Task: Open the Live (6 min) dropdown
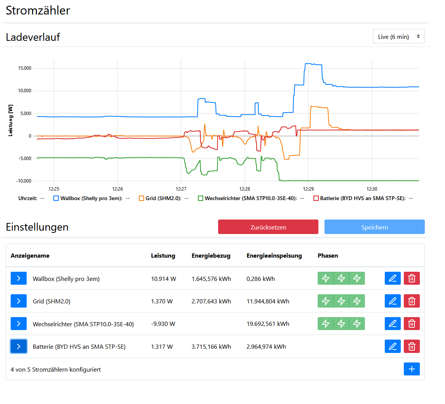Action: click(398, 36)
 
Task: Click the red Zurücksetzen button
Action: click(268, 227)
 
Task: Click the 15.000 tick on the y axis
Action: click(25, 68)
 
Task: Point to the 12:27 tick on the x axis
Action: click(181, 189)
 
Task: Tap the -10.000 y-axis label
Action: click(24, 181)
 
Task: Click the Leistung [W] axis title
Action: click(11, 120)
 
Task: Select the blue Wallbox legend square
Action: click(56, 198)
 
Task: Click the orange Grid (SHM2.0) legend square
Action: click(141, 198)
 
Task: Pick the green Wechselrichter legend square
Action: click(200, 198)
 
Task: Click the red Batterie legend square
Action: click(316, 198)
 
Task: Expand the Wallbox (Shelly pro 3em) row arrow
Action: click(19, 278)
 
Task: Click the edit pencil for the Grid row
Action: click(392, 301)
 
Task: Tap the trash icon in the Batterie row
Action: click(412, 346)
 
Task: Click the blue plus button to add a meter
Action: click(412, 369)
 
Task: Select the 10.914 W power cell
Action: click(164, 279)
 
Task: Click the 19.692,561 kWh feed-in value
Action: click(268, 324)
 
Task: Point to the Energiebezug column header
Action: click(211, 256)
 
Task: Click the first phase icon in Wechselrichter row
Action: click(326, 324)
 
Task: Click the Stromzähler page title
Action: click(38, 11)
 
